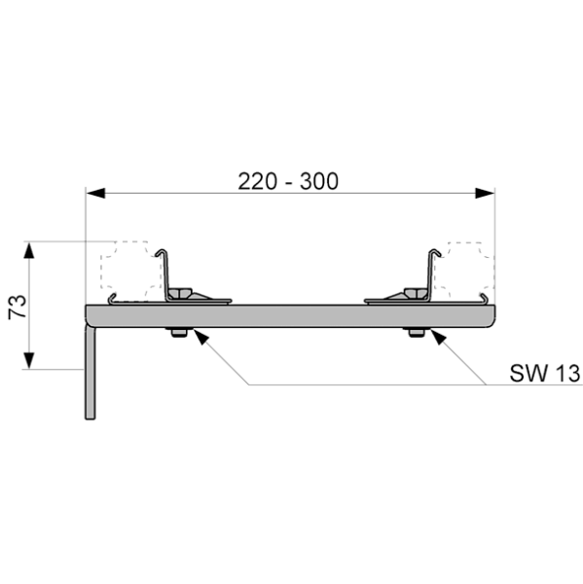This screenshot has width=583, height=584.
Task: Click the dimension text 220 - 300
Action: click(x=288, y=181)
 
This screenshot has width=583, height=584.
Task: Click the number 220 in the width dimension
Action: click(x=257, y=181)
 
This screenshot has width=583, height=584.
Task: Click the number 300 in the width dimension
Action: click(x=319, y=181)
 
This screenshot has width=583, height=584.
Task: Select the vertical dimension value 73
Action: click(x=18, y=307)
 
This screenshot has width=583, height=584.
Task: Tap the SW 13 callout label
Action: click(x=545, y=373)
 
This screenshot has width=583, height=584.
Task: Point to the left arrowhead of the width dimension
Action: click(x=95, y=194)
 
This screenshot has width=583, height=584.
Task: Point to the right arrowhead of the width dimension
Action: click(x=485, y=194)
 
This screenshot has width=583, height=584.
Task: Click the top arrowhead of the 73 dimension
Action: click(x=29, y=250)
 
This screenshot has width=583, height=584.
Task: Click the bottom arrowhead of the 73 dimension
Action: click(x=29, y=360)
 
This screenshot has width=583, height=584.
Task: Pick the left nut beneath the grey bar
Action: click(x=179, y=332)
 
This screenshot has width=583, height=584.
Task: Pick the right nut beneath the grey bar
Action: click(x=417, y=332)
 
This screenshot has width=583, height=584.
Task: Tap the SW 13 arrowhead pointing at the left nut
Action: click(x=200, y=337)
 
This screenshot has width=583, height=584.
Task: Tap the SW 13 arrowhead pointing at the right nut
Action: click(x=438, y=337)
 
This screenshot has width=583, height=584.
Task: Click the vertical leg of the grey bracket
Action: click(x=91, y=373)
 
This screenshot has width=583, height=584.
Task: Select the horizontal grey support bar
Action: click(x=291, y=316)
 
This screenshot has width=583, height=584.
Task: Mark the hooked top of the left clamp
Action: click(x=162, y=252)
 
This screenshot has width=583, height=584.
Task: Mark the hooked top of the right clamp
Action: click(x=435, y=252)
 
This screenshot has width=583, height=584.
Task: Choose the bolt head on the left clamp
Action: click(x=179, y=293)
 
